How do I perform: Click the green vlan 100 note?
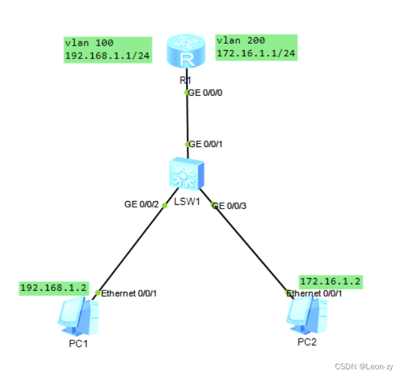(x=107, y=49)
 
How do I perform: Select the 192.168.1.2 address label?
(x=53, y=288)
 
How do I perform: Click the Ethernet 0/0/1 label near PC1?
(x=129, y=294)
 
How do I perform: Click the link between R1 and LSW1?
(x=187, y=119)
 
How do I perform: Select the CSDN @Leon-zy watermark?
(x=364, y=365)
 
